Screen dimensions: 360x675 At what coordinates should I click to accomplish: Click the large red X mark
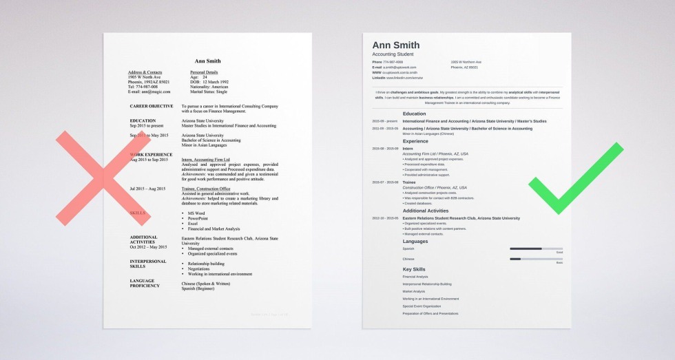[102, 178]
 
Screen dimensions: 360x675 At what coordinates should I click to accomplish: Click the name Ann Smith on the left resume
[207, 61]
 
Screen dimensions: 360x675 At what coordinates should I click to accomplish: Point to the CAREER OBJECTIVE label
[152, 106]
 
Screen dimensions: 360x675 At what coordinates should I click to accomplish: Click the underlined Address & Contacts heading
[145, 72]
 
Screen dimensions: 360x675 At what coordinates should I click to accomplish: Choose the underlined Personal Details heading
[204, 72]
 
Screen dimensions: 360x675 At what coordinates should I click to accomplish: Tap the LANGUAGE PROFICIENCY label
[146, 283]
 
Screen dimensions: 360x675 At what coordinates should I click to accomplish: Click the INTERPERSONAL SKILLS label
[148, 264]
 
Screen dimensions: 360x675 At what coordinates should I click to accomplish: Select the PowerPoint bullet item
[198, 219]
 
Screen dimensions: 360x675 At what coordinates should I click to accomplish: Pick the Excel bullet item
[193, 224]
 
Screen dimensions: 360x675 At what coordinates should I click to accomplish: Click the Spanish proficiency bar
[536, 248]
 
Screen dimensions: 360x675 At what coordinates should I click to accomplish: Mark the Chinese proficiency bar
[536, 259]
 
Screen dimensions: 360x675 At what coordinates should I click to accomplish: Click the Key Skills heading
[414, 269]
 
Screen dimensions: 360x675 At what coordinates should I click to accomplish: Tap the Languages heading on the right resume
[415, 242]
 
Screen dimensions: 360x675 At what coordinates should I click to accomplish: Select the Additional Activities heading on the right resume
[426, 211]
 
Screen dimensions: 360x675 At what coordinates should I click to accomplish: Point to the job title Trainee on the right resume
[408, 182]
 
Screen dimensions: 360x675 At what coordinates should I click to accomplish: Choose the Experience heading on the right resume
[415, 141]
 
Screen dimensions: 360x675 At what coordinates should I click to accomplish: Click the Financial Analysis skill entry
[415, 277]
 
